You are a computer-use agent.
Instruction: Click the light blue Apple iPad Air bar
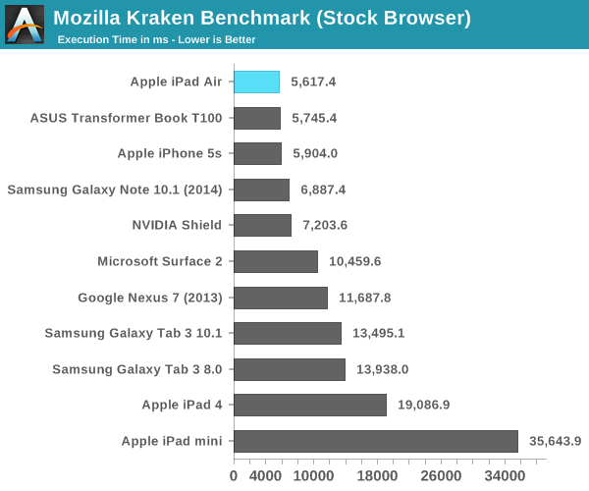pyautogui.click(x=256, y=82)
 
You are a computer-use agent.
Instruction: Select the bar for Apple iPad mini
pyautogui.click(x=376, y=441)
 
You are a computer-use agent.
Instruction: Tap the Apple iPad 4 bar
pyautogui.click(x=310, y=405)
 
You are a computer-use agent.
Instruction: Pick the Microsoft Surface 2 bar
pyautogui.click(x=276, y=261)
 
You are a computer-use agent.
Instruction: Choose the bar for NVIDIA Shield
pyautogui.click(x=262, y=225)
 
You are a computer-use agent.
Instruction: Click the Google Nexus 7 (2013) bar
pyautogui.click(x=281, y=298)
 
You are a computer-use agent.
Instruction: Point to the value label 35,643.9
pyautogui.click(x=556, y=441)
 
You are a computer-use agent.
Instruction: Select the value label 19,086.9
pyautogui.click(x=424, y=405)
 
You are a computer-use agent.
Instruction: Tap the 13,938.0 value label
pyautogui.click(x=383, y=369)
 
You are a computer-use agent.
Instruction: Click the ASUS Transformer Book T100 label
pyautogui.click(x=127, y=118)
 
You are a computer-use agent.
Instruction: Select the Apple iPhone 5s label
pyautogui.click(x=170, y=153)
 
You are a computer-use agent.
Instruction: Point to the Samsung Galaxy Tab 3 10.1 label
pyautogui.click(x=134, y=333)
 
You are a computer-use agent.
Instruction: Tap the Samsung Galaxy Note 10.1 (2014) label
pyautogui.click(x=115, y=190)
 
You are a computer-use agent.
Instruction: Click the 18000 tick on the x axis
pyautogui.click(x=377, y=475)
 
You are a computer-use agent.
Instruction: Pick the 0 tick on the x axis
pyautogui.click(x=234, y=475)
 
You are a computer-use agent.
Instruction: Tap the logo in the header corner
pyautogui.click(x=25, y=24)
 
